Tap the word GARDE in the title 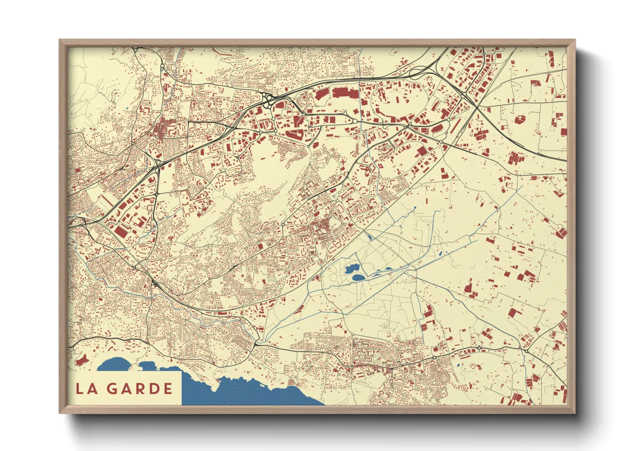(x=139, y=389)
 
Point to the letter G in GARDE (x=112, y=389)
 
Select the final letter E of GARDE (x=168, y=389)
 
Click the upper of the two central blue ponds (x=352, y=269)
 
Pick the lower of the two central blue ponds (x=358, y=278)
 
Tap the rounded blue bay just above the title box (x=115, y=364)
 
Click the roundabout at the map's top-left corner (x=136, y=50)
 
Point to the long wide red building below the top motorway (x=346, y=93)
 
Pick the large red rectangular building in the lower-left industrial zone (x=122, y=231)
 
